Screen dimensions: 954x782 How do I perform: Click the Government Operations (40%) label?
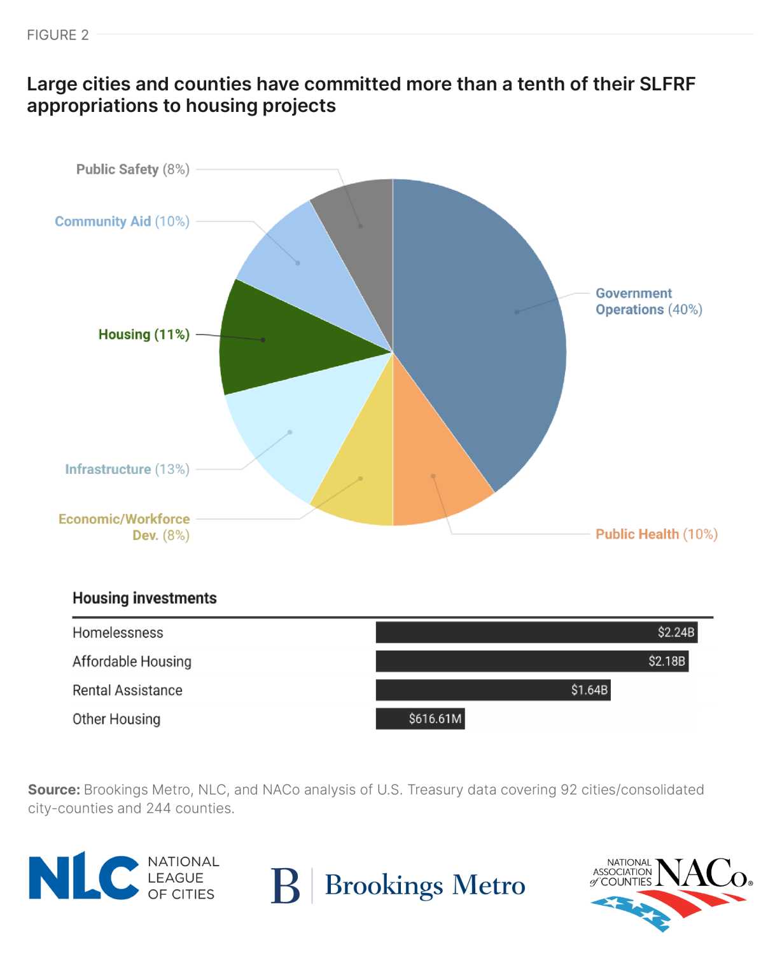pos(648,301)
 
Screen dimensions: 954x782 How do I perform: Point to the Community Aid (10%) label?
pos(122,221)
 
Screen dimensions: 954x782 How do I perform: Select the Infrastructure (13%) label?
pos(127,469)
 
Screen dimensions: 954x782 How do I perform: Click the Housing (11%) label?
pos(144,335)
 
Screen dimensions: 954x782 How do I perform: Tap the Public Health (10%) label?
pos(656,534)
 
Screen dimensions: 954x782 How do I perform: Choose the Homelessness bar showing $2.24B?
pos(536,633)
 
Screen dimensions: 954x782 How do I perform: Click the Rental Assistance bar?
pos(492,690)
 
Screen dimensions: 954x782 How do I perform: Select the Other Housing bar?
pos(420,719)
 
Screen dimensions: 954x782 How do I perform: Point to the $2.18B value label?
pos(666,661)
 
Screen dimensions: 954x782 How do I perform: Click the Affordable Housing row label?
pos(132,661)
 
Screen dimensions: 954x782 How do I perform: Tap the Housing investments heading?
pos(144,598)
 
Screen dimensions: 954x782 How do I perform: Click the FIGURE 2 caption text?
pos(58,35)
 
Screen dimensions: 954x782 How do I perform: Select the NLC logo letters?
pos(83,878)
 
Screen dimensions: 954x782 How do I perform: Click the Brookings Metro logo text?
pos(424,885)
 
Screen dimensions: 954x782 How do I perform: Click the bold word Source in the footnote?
pos(53,790)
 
